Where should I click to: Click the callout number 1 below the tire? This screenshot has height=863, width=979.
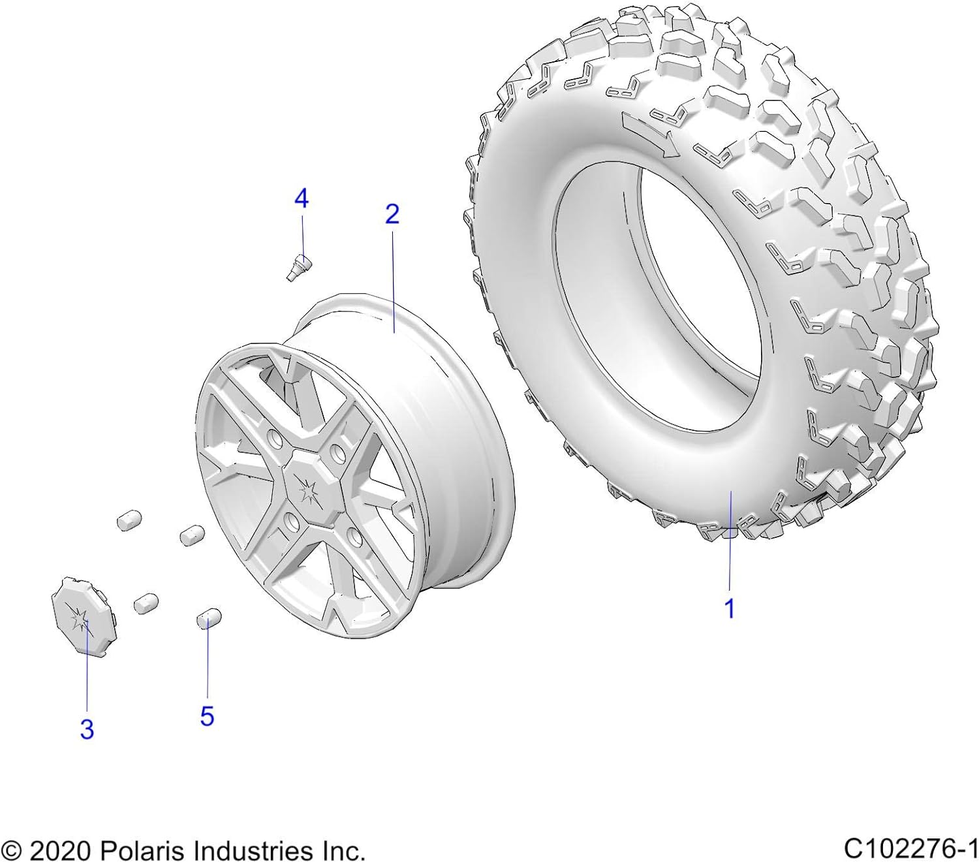click(x=730, y=608)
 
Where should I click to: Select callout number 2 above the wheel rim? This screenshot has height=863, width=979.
click(x=392, y=214)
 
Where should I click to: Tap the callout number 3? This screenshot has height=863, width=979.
click(x=87, y=729)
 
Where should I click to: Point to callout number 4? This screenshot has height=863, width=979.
click(x=301, y=198)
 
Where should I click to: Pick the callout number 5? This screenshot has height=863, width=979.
click(x=207, y=716)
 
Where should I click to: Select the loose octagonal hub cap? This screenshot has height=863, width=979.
click(x=82, y=615)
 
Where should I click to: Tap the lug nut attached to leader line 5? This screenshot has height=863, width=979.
click(x=208, y=617)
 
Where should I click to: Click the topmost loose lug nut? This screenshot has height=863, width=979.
click(x=129, y=520)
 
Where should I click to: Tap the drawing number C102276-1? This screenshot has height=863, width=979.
click(x=910, y=849)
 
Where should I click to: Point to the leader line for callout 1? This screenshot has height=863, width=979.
click(x=730, y=542)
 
